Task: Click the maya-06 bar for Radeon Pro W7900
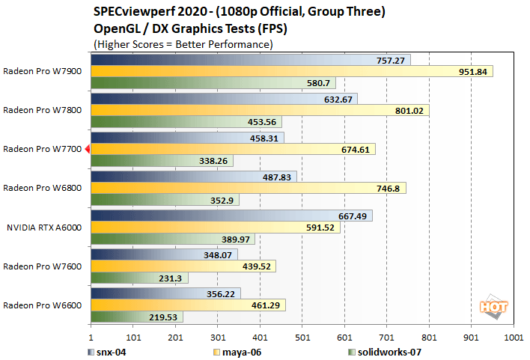click(292, 71)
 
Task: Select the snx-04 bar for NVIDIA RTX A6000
click(231, 216)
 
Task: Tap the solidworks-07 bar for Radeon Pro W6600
click(137, 317)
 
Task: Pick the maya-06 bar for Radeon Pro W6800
click(248, 188)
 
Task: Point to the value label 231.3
click(173, 278)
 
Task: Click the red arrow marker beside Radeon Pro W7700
click(87, 150)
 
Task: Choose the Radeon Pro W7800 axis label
click(42, 110)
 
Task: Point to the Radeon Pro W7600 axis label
click(42, 266)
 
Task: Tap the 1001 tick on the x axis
click(514, 337)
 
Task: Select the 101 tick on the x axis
click(133, 337)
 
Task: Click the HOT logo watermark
click(490, 306)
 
